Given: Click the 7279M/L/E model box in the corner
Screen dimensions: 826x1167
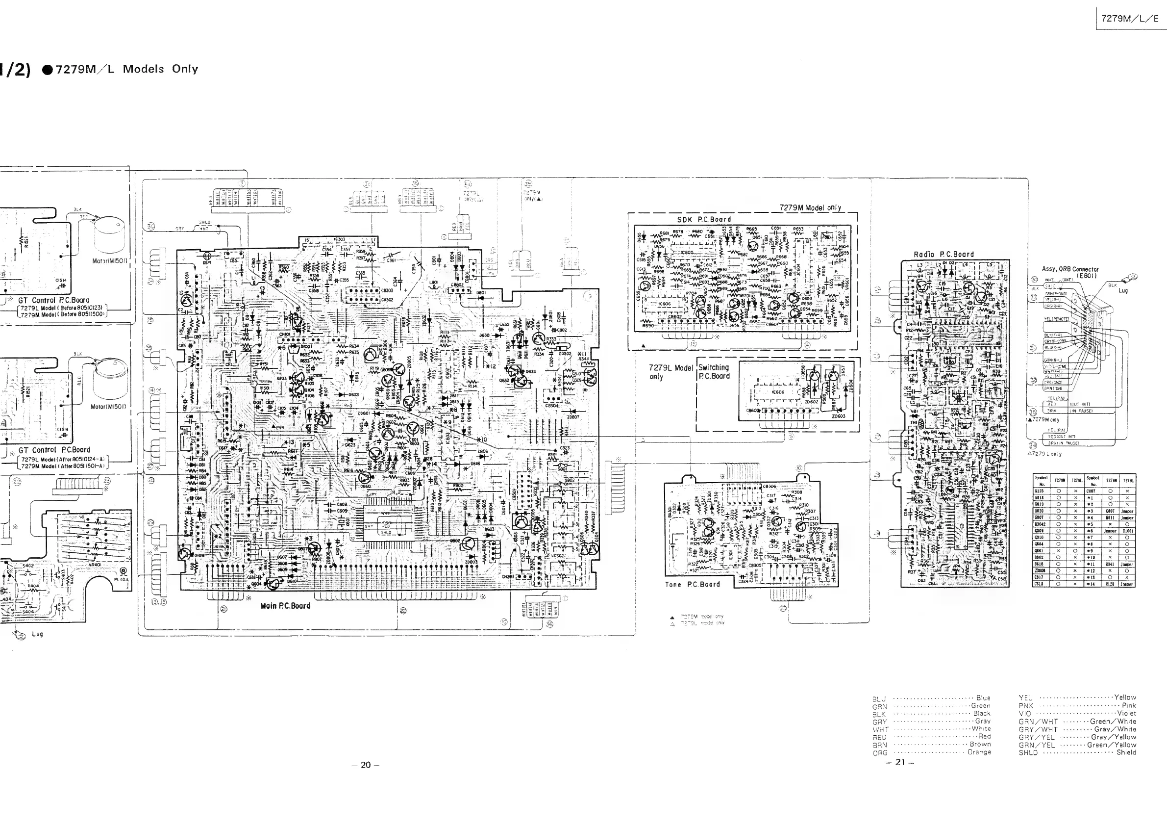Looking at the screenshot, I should [x=1129, y=19].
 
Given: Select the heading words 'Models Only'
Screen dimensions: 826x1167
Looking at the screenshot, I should [x=160, y=69].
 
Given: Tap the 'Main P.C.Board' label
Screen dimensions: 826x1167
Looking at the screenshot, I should [x=285, y=606].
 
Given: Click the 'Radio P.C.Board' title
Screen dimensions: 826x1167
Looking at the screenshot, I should [x=944, y=254].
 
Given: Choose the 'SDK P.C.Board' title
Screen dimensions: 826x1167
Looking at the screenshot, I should [x=704, y=220].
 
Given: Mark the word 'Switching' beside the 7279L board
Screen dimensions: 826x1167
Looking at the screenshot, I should [x=714, y=367].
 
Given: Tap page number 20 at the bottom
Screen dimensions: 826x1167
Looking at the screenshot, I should [x=366, y=765].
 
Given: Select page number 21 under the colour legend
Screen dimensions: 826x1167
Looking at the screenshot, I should [x=900, y=762].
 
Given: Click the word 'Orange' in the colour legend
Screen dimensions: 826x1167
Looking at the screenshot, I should [x=979, y=752].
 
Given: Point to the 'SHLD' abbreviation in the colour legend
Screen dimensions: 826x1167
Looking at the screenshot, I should [x=1028, y=753].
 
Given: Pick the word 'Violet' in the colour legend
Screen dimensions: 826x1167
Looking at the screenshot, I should [x=1126, y=713].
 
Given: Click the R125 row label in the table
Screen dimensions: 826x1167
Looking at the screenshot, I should [x=1040, y=491].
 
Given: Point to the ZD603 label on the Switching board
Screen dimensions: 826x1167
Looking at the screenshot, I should [x=838, y=416].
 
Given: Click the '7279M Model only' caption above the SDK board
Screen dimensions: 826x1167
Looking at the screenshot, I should [x=810, y=207].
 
